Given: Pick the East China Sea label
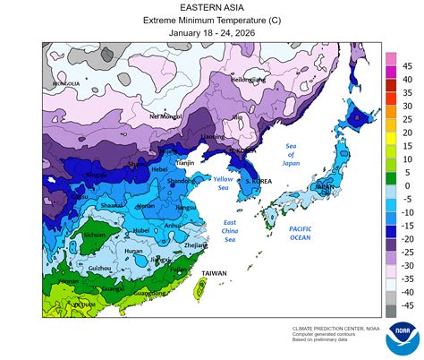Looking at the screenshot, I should tap(230, 230).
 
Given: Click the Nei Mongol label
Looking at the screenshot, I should tap(166, 116).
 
